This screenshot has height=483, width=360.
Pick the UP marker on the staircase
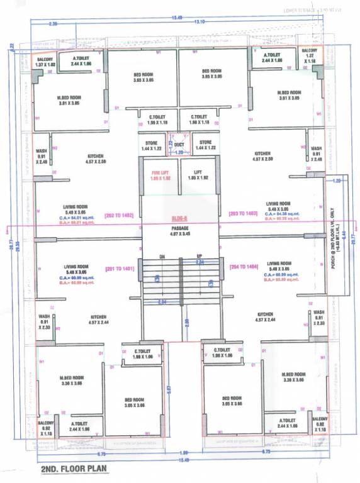200,257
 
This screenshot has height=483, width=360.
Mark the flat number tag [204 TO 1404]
243,267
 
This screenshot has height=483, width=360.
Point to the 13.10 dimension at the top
200,22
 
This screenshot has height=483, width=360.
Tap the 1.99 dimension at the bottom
184,452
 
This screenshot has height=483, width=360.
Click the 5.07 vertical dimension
169,390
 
